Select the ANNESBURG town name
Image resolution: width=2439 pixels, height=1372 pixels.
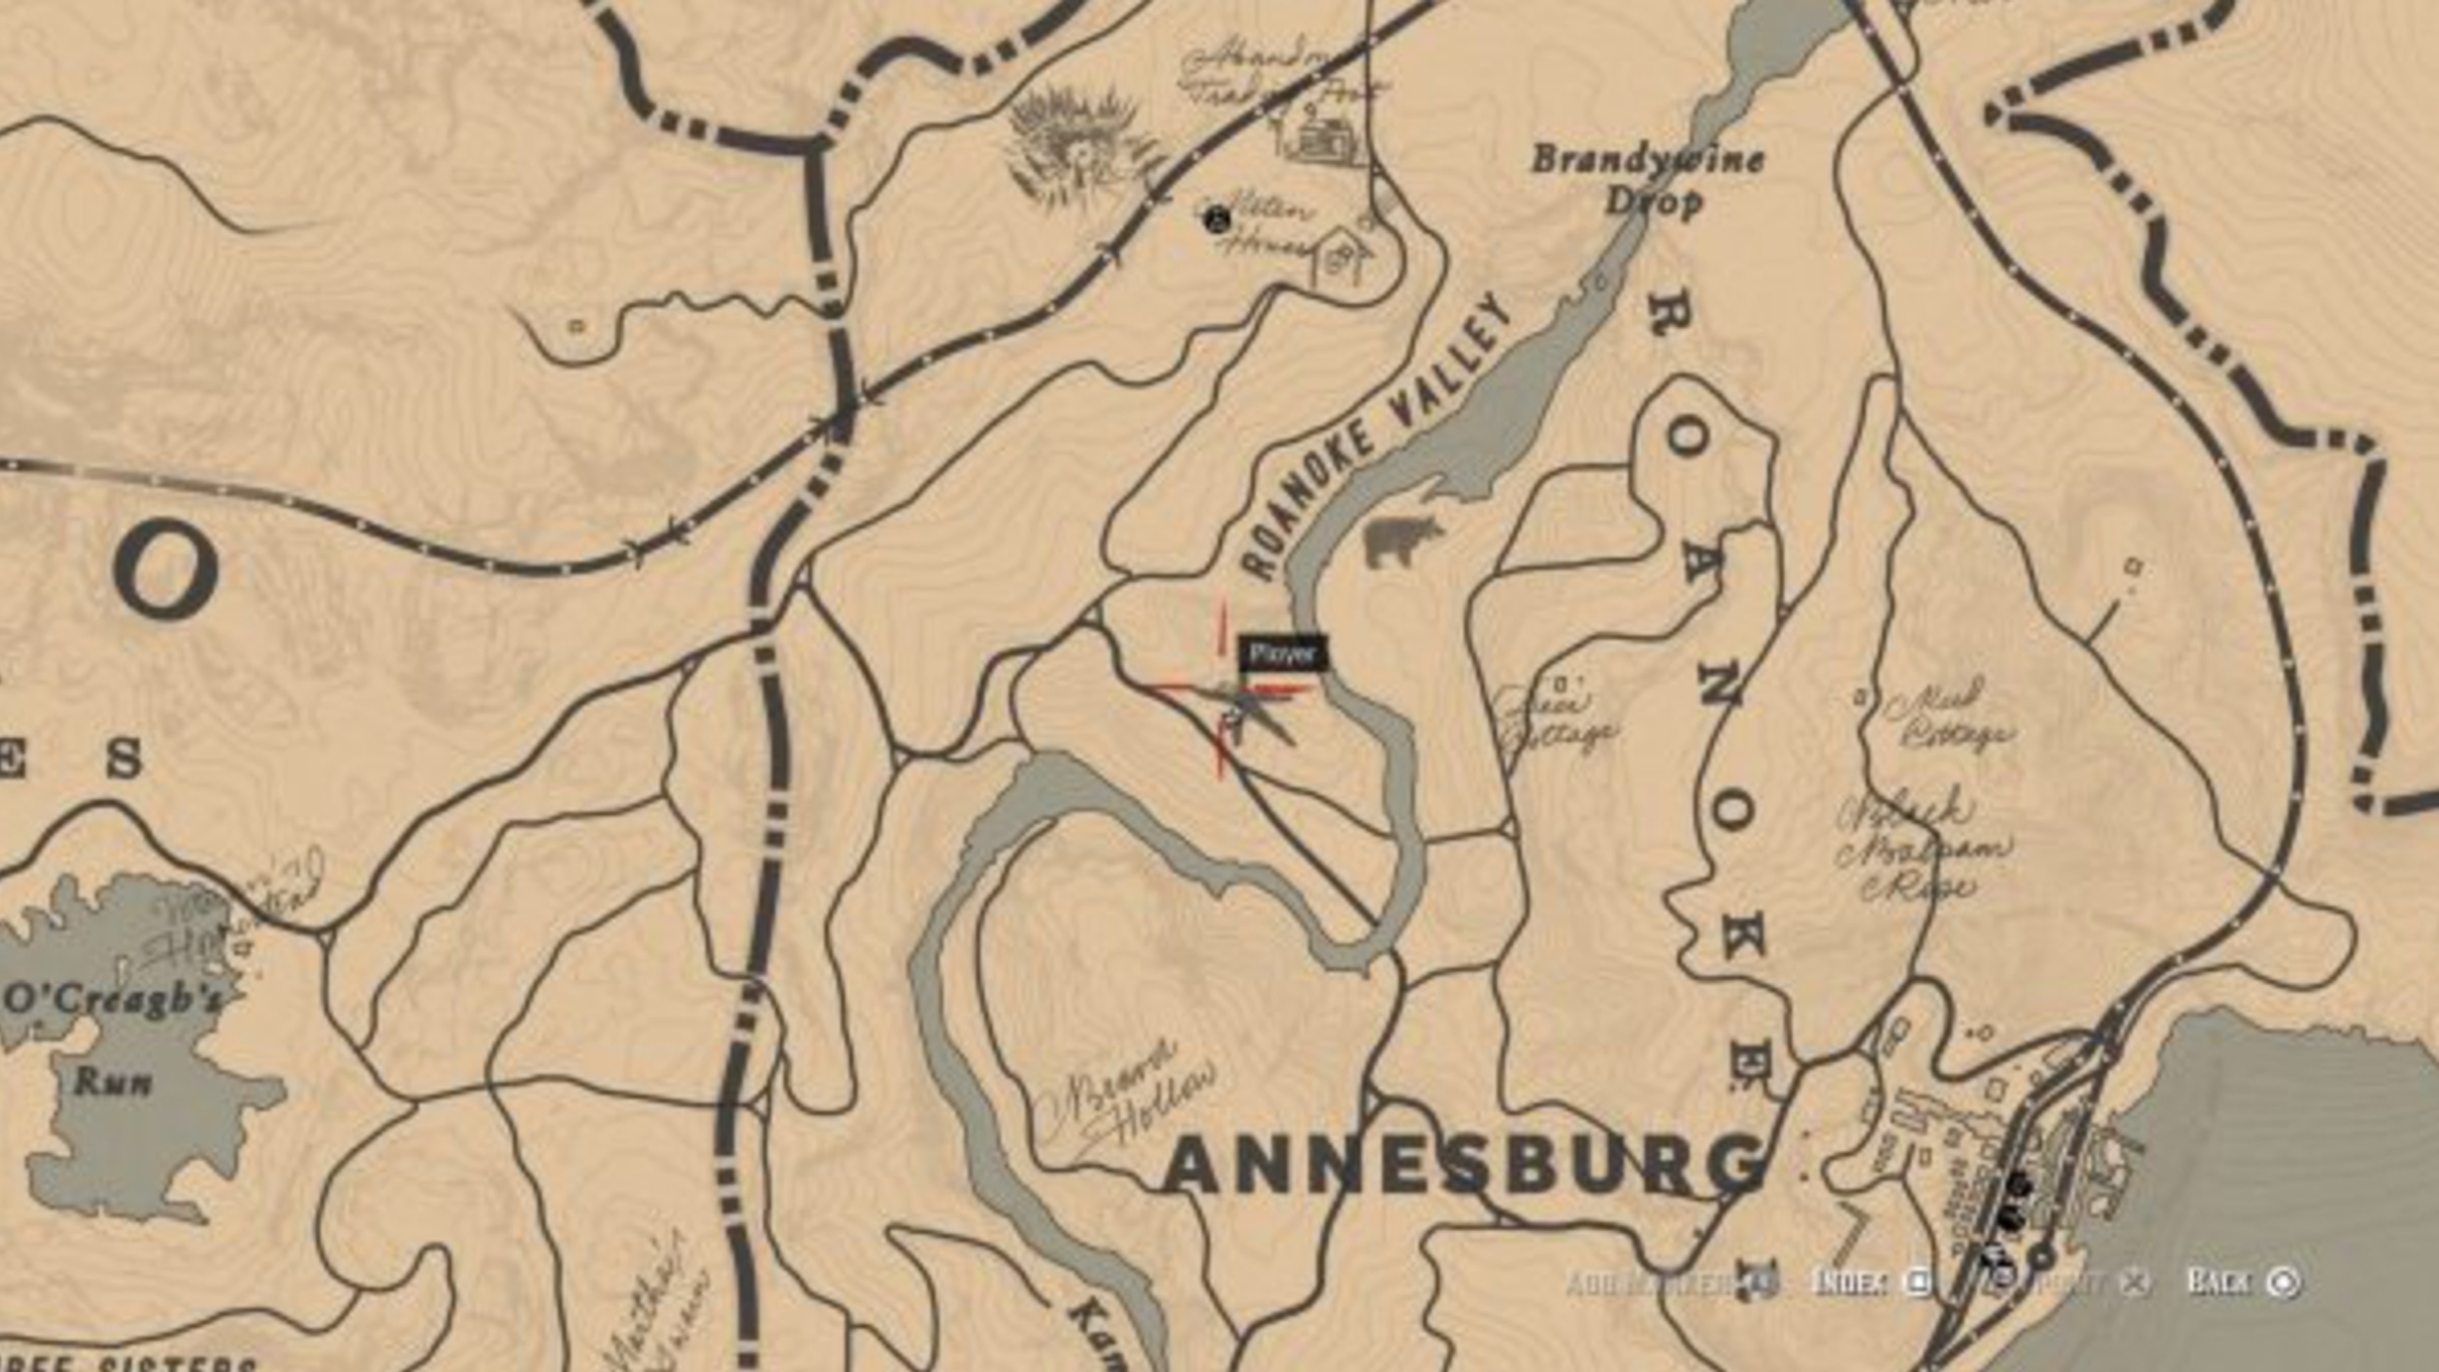coord(1463,1167)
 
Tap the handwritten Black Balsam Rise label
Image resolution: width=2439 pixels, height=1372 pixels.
coord(1922,848)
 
